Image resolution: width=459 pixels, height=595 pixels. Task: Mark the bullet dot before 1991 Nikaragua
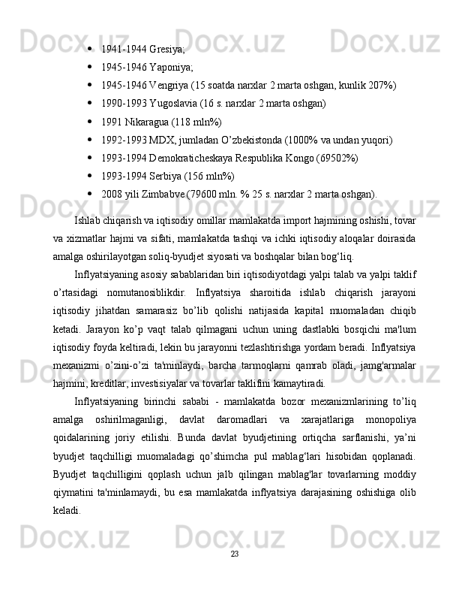tap(89, 120)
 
